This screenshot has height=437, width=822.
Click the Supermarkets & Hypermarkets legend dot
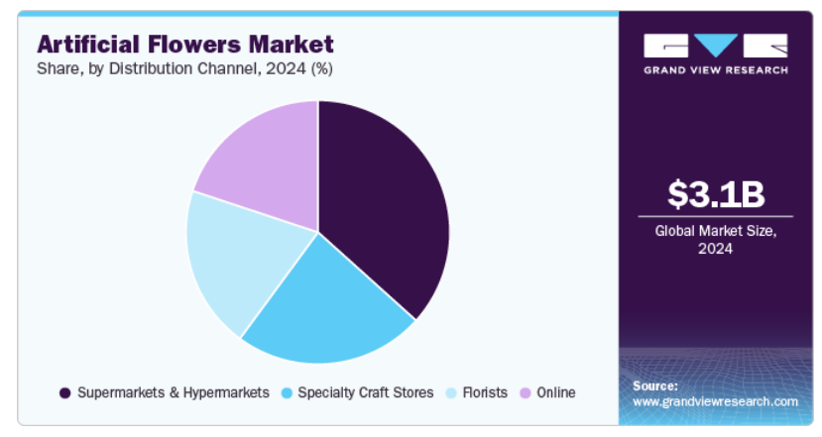click(x=65, y=393)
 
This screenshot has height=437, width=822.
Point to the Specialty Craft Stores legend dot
click(x=289, y=393)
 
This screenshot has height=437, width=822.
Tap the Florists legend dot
click(x=452, y=393)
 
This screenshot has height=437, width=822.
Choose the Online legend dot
click(x=526, y=393)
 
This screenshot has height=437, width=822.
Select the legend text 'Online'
click(x=556, y=393)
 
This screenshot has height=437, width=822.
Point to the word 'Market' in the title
click(x=294, y=45)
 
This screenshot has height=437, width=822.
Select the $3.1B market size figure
click(x=715, y=194)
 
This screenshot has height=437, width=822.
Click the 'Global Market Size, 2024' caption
click(x=715, y=239)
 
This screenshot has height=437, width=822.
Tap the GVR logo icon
click(x=715, y=46)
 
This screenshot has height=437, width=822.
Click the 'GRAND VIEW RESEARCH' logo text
click(x=715, y=70)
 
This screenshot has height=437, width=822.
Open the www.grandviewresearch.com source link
click(x=715, y=401)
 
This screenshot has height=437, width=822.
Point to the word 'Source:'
click(x=654, y=385)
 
